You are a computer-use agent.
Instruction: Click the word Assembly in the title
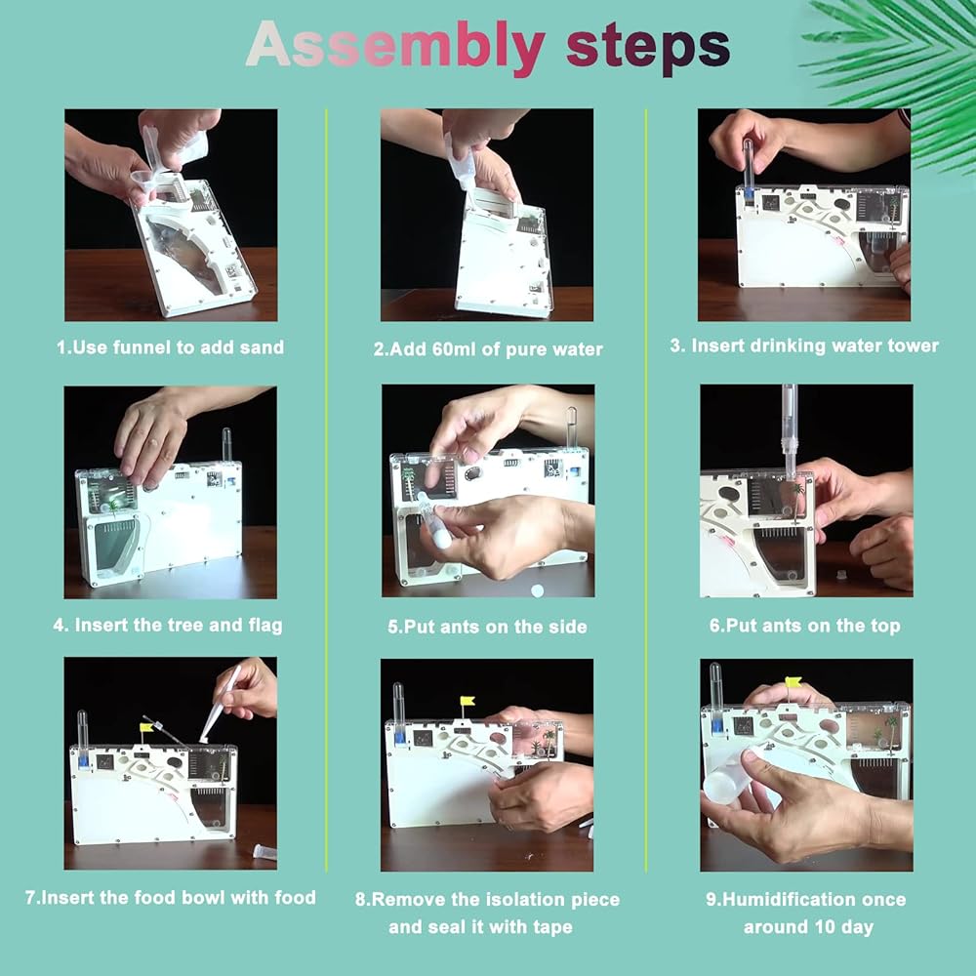tap(395, 47)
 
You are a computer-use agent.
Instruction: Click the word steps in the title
tap(647, 47)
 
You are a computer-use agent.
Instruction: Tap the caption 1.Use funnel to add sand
tap(170, 347)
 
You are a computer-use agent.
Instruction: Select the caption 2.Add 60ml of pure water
tap(488, 349)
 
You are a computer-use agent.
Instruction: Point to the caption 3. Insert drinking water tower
tap(804, 346)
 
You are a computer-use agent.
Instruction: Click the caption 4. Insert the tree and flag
tap(168, 625)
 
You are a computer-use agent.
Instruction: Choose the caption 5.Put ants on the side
tap(487, 627)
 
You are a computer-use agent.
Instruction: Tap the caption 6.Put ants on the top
tap(805, 626)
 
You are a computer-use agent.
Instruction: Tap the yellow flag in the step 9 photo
tap(793, 682)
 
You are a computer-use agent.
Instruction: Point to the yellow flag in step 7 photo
tap(146, 727)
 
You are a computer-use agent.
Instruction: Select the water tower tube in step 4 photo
tap(226, 446)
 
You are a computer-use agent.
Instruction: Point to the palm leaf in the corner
tap(896, 68)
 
